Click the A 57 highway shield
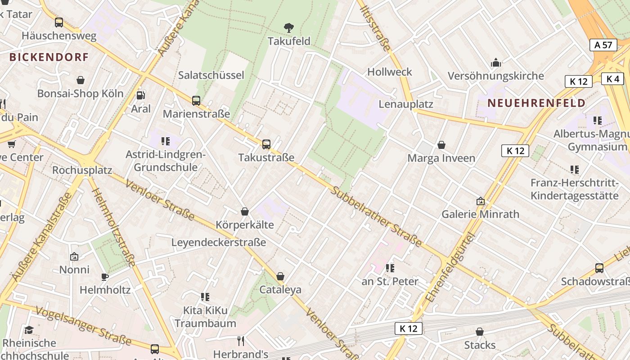603,45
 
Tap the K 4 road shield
612,79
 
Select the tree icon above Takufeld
289,28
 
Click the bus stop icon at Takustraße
266,144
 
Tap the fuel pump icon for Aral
141,95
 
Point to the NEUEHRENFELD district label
536,103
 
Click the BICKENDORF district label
49,57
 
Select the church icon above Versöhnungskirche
496,63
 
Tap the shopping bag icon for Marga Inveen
441,145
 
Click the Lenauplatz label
406,104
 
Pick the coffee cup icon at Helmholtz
105,277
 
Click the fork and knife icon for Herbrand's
241,341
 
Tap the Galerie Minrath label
480,214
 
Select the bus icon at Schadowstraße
599,268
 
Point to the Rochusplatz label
82,170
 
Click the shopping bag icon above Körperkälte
245,211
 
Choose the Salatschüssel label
211,75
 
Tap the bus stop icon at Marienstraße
196,101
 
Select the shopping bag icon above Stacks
480,332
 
